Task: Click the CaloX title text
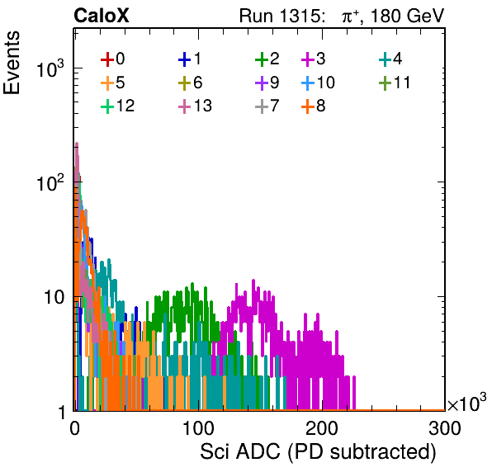(x=102, y=16)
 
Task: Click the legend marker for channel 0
(x=107, y=59)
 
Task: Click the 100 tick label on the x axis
(x=198, y=428)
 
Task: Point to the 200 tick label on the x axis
(x=322, y=428)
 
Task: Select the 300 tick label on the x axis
(x=445, y=428)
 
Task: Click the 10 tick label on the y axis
(x=54, y=297)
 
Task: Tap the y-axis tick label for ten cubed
(x=50, y=68)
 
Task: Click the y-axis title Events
(x=12, y=63)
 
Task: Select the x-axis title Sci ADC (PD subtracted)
(x=318, y=452)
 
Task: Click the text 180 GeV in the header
(x=407, y=16)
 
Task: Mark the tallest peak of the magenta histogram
(x=253, y=280)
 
